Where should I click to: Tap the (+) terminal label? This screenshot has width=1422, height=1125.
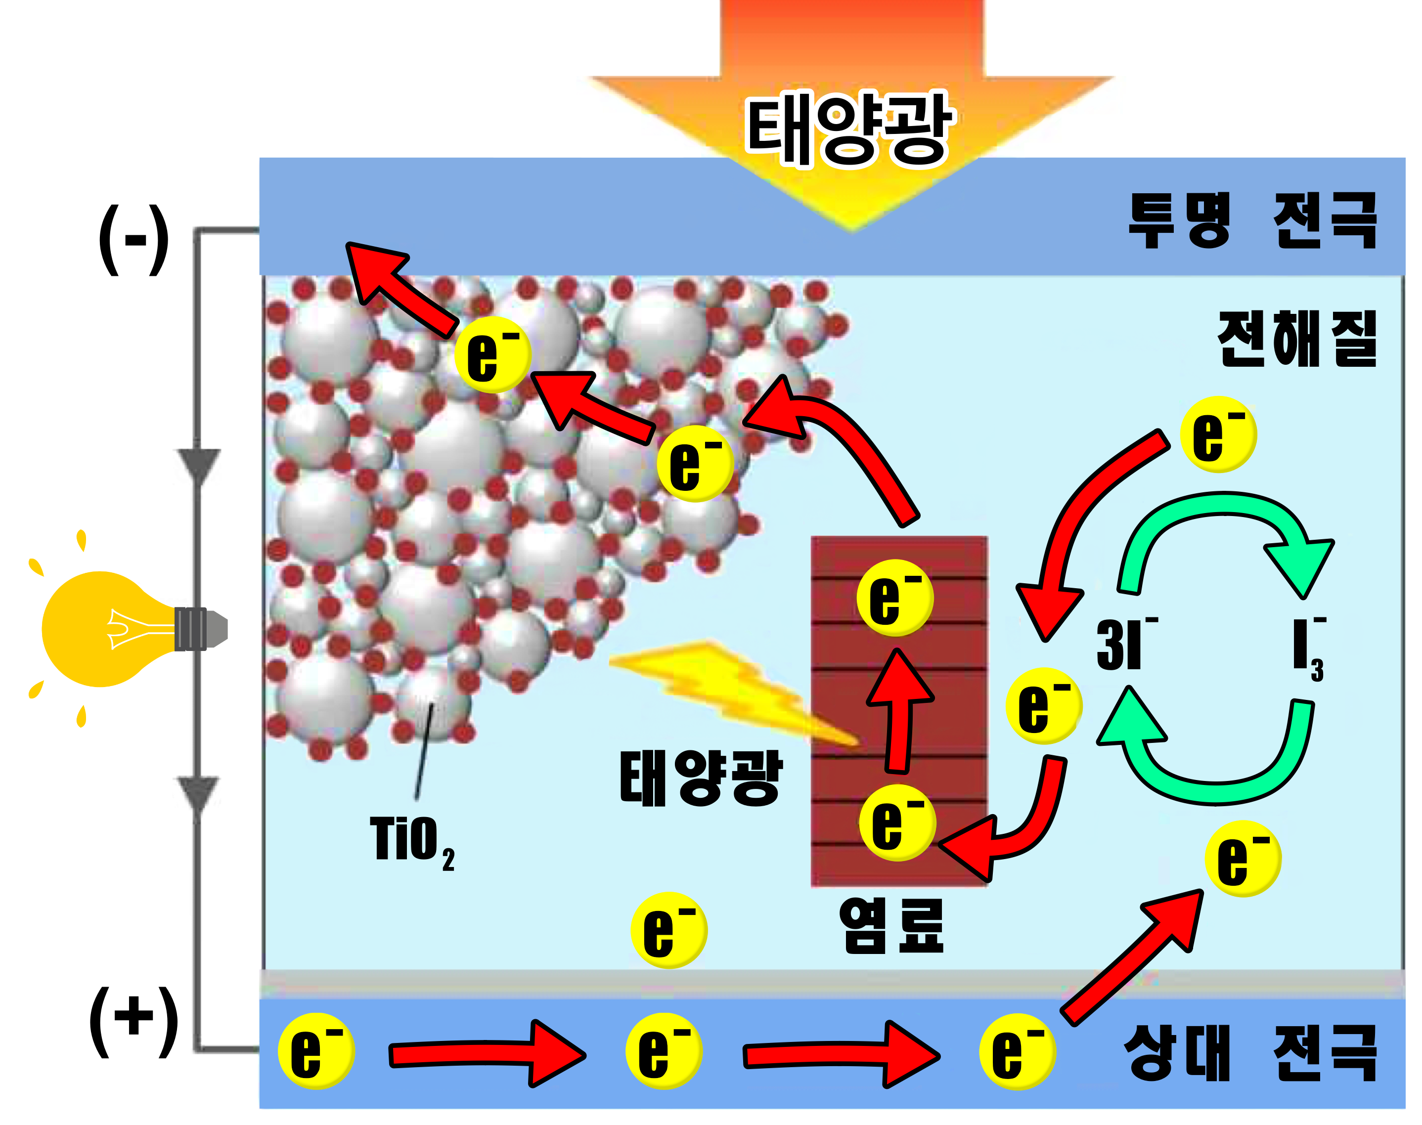[134, 1020]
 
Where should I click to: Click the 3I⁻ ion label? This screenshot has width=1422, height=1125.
[1123, 644]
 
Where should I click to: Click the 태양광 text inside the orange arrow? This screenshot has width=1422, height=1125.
[849, 129]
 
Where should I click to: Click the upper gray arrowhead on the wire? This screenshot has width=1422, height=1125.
[198, 464]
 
